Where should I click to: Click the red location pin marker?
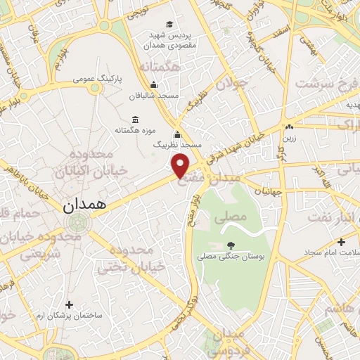point(181,165)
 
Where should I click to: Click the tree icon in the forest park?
point(231,245)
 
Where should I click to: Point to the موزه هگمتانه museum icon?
point(136,120)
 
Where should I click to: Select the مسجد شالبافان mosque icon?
point(153,86)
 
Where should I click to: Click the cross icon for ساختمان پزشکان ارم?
point(69,304)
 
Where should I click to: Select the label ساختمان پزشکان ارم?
point(69,316)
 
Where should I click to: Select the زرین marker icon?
point(289,127)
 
